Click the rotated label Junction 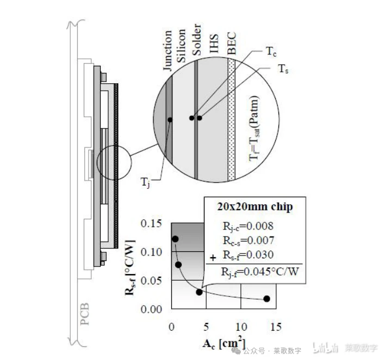pyautogui.click(x=168, y=51)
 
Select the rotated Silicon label pyautogui.click(x=181, y=46)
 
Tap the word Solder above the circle pyautogui.click(x=196, y=40)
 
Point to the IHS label pyautogui.click(x=214, y=44)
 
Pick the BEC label pyautogui.click(x=231, y=44)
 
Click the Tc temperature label pyautogui.click(x=271, y=52)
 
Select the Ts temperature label pyautogui.click(x=283, y=69)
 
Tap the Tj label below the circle pyautogui.click(x=145, y=182)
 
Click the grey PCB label pyautogui.click(x=85, y=314)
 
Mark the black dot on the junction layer pyautogui.click(x=170, y=120)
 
